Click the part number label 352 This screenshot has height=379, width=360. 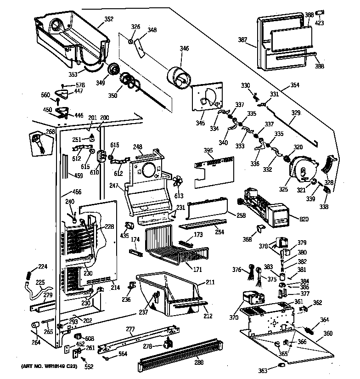[109, 19]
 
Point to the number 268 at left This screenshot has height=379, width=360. [50, 132]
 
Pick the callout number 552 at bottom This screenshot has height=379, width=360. [88, 367]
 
